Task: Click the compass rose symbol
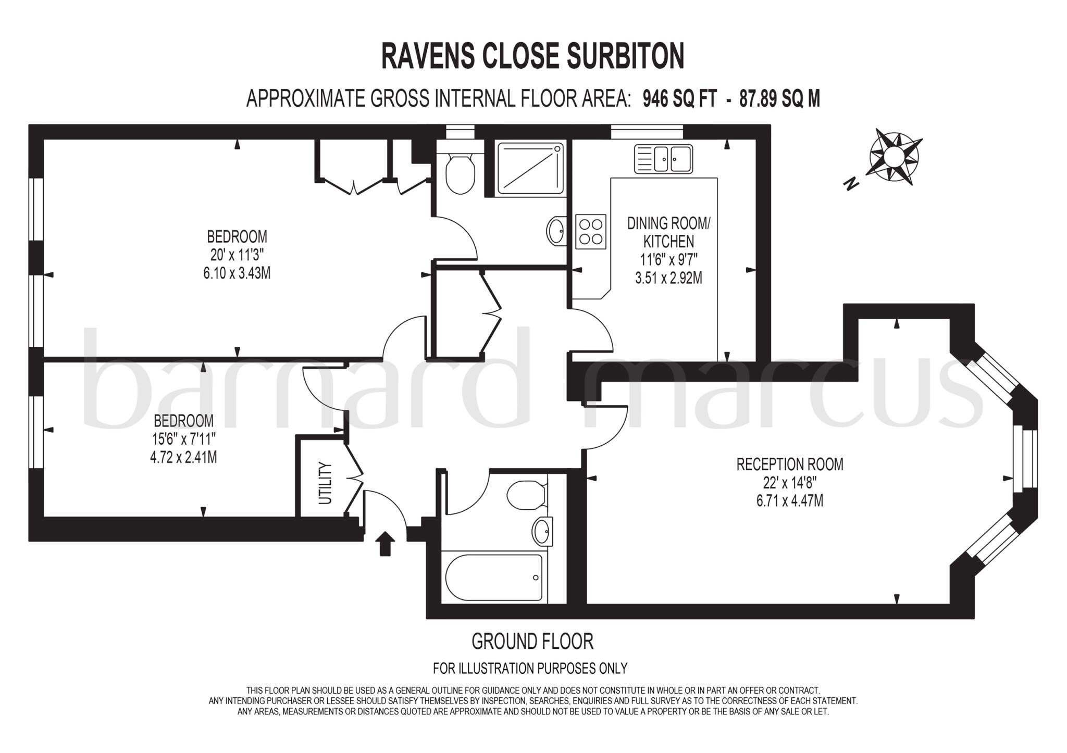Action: coord(894,156)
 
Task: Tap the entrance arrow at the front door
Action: coord(384,544)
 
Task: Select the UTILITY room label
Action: coord(325,483)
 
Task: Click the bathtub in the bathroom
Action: coord(493,577)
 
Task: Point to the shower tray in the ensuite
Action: coord(530,167)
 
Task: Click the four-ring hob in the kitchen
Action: coord(591,231)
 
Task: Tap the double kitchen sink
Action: coord(663,159)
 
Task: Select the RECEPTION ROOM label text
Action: coord(789,464)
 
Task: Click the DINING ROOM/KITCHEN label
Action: coord(668,232)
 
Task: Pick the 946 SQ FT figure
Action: coord(679,98)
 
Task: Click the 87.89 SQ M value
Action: coord(779,98)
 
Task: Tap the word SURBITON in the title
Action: coord(625,56)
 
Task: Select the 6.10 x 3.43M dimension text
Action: coord(237,272)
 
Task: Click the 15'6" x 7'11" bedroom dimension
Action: coord(183,438)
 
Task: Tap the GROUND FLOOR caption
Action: coord(532,641)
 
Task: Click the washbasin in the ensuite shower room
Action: coord(556,230)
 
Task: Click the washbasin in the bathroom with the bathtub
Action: coord(542,532)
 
